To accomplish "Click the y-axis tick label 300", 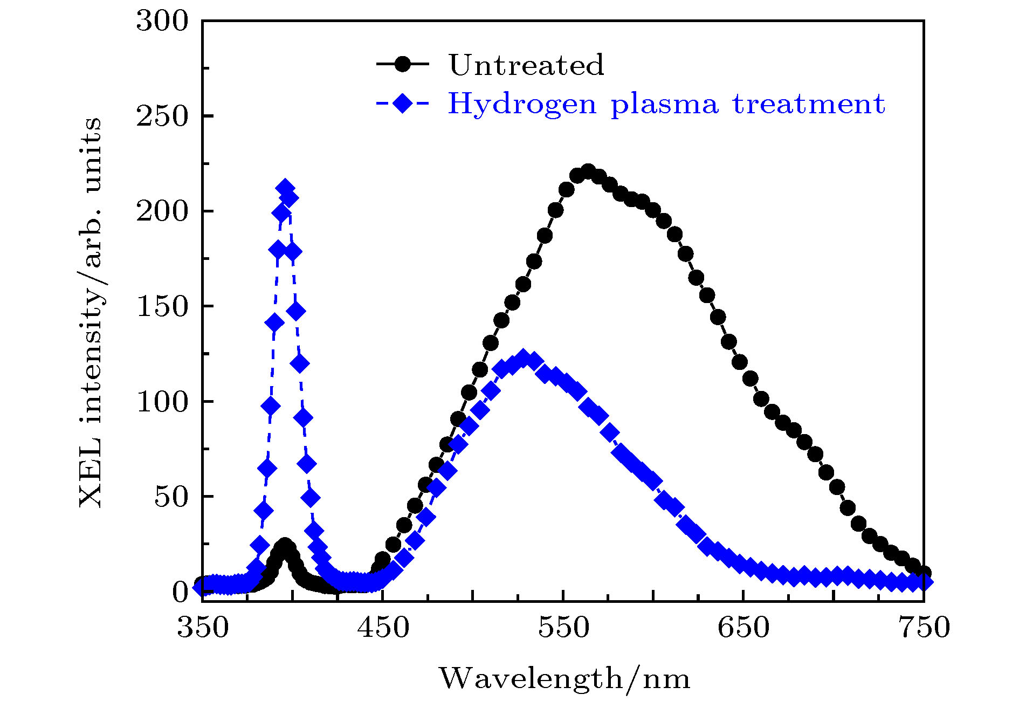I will tap(162, 22).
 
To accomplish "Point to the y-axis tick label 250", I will tap(162, 116).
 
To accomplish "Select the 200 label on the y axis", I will tap(162, 211).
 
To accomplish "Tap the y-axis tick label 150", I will tap(162, 307).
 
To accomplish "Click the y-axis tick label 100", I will tap(162, 402).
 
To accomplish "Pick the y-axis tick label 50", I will tap(171, 497).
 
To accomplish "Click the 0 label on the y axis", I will tap(181, 592).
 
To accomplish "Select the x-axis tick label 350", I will tap(203, 627).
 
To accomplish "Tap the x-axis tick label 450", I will tap(383, 627).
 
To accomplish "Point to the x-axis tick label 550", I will tap(563, 627).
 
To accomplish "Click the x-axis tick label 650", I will tap(743, 627).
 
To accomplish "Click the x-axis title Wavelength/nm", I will tap(564, 678).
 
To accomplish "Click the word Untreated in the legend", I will tap(526, 65).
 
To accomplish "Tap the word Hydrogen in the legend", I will tap(522, 104).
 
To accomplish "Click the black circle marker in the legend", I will tap(402, 64).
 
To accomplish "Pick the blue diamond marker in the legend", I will tap(402, 102).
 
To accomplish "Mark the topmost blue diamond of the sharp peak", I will tap(285, 188).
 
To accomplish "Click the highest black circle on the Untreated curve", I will tap(588, 173).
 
